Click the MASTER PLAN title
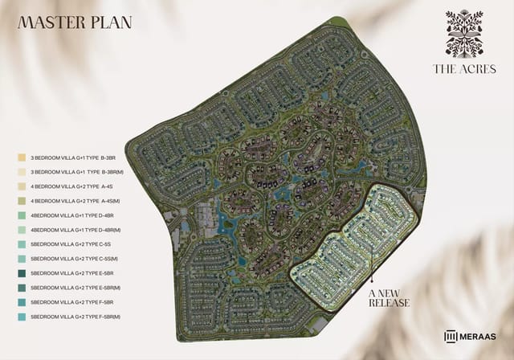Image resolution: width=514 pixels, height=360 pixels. [x=75, y=22]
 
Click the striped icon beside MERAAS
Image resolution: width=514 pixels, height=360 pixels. [x=450, y=337]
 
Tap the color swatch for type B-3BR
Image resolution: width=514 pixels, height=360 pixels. [x=22, y=158]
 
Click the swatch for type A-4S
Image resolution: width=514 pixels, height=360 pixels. [x=22, y=187]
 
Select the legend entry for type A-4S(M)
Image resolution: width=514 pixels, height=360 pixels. [x=75, y=202]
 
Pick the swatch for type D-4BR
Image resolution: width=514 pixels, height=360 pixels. [x=22, y=216]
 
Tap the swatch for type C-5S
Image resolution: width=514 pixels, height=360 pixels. [x=22, y=245]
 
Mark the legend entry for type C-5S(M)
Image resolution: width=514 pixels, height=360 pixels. [x=75, y=259]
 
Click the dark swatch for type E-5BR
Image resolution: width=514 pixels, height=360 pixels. [x=22, y=274]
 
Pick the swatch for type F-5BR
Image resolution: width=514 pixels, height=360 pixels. [x=22, y=303]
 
